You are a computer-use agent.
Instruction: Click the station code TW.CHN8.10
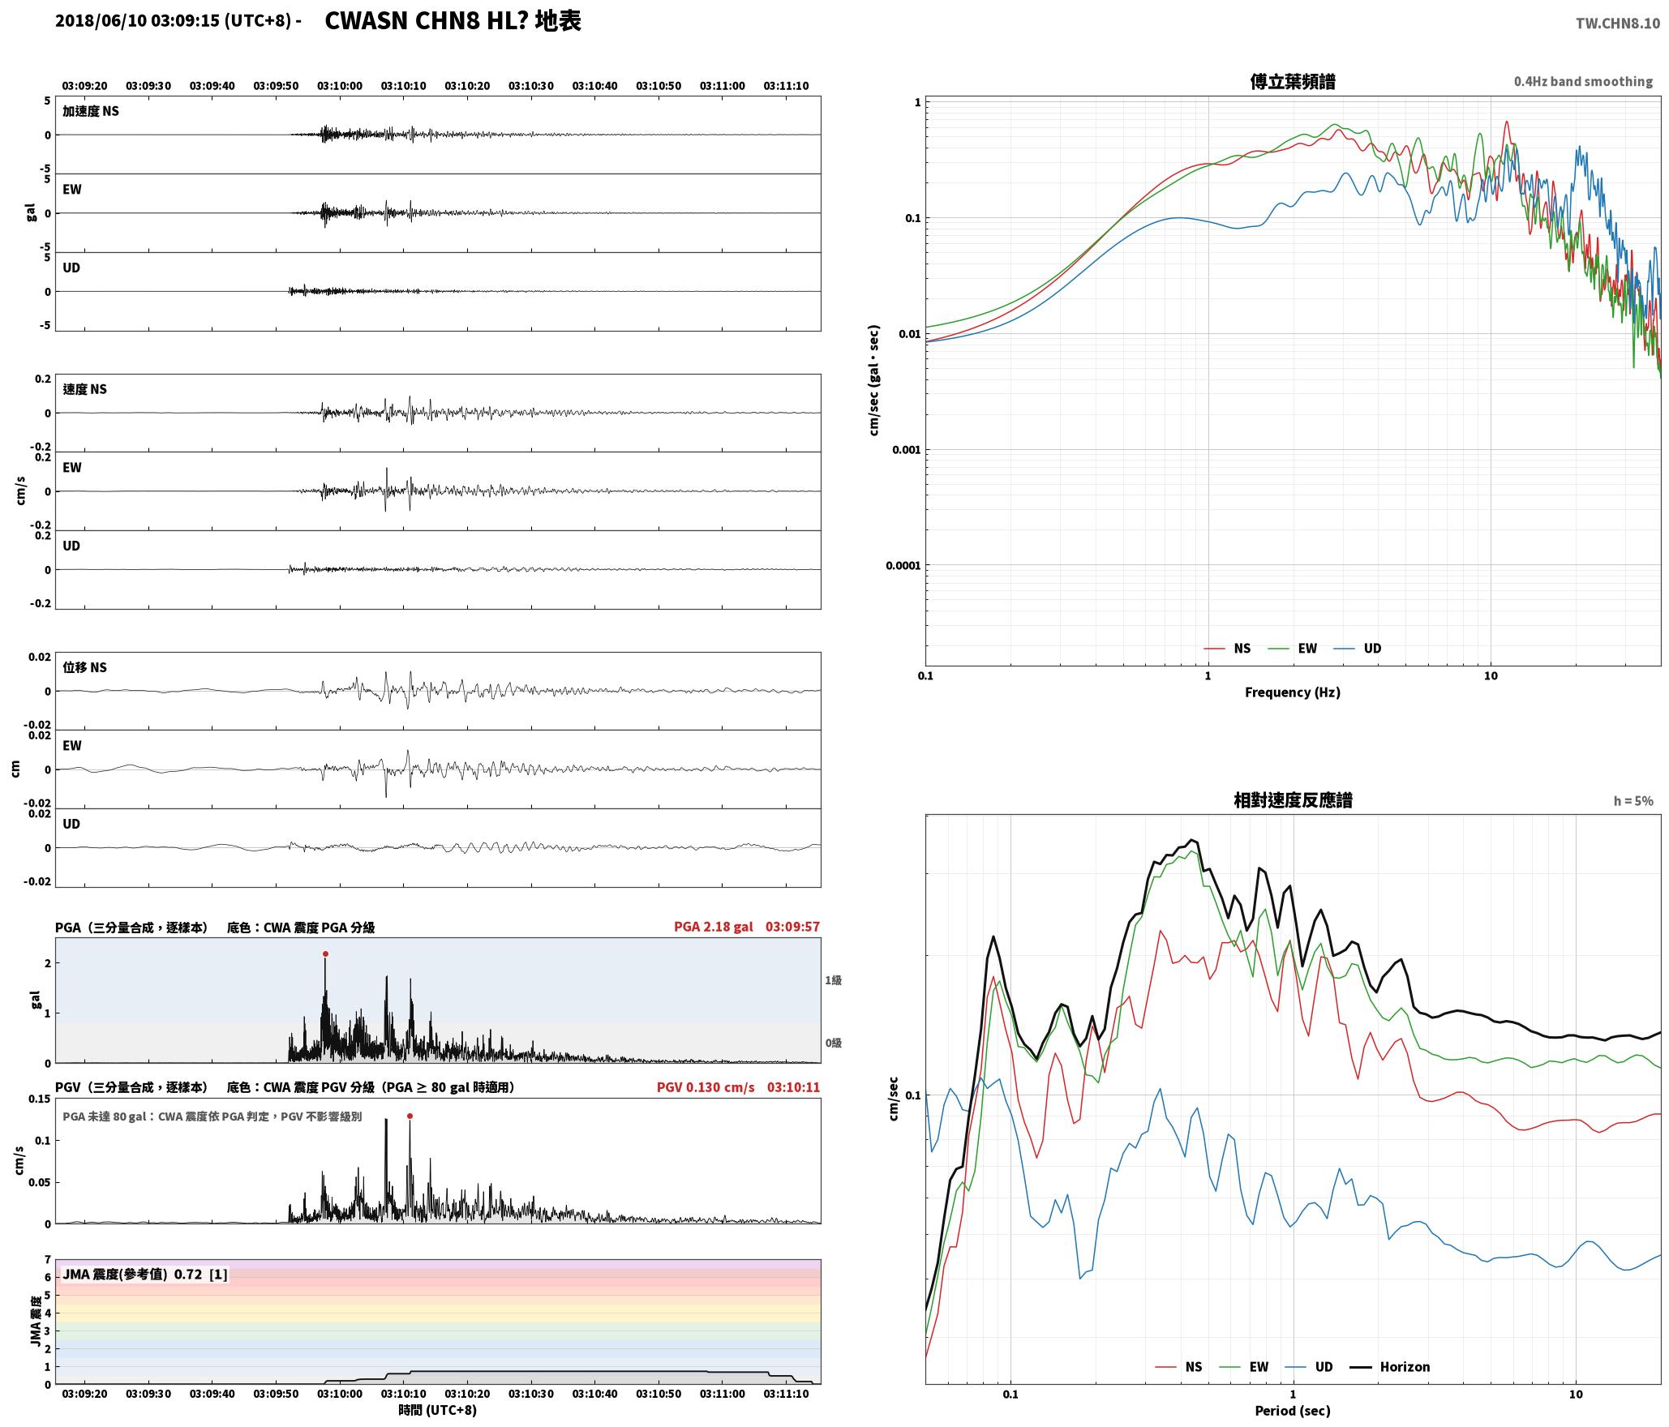pyautogui.click(x=1617, y=24)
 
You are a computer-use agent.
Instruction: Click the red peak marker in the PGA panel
pyautogui.click(x=325, y=953)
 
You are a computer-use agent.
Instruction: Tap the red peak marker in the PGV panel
pyautogui.click(x=410, y=1116)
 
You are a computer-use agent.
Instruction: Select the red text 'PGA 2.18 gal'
pyautogui.click(x=713, y=927)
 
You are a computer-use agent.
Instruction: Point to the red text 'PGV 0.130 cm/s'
pyautogui.click(x=706, y=1087)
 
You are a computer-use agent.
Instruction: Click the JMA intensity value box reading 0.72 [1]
pyautogui.click(x=145, y=1275)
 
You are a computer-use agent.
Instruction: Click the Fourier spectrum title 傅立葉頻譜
pyautogui.click(x=1293, y=81)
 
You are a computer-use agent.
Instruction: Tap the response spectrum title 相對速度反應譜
pyautogui.click(x=1293, y=800)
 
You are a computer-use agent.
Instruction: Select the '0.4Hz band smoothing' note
pyautogui.click(x=1583, y=82)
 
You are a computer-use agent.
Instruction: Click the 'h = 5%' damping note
pyautogui.click(x=1633, y=801)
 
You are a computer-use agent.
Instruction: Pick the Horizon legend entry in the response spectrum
pyautogui.click(x=1390, y=1367)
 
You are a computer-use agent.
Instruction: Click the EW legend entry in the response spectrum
pyautogui.click(x=1244, y=1367)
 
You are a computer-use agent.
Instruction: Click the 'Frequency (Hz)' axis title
pyautogui.click(x=1293, y=692)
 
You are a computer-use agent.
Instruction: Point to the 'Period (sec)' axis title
pyautogui.click(x=1293, y=1411)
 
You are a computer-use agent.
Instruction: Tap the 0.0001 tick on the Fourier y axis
pyautogui.click(x=903, y=566)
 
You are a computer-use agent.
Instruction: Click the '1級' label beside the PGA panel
pyautogui.click(x=834, y=980)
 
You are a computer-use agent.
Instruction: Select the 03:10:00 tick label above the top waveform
pyautogui.click(x=340, y=86)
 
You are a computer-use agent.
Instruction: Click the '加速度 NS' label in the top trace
pyautogui.click(x=91, y=111)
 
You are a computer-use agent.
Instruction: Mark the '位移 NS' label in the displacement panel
pyautogui.click(x=85, y=667)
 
